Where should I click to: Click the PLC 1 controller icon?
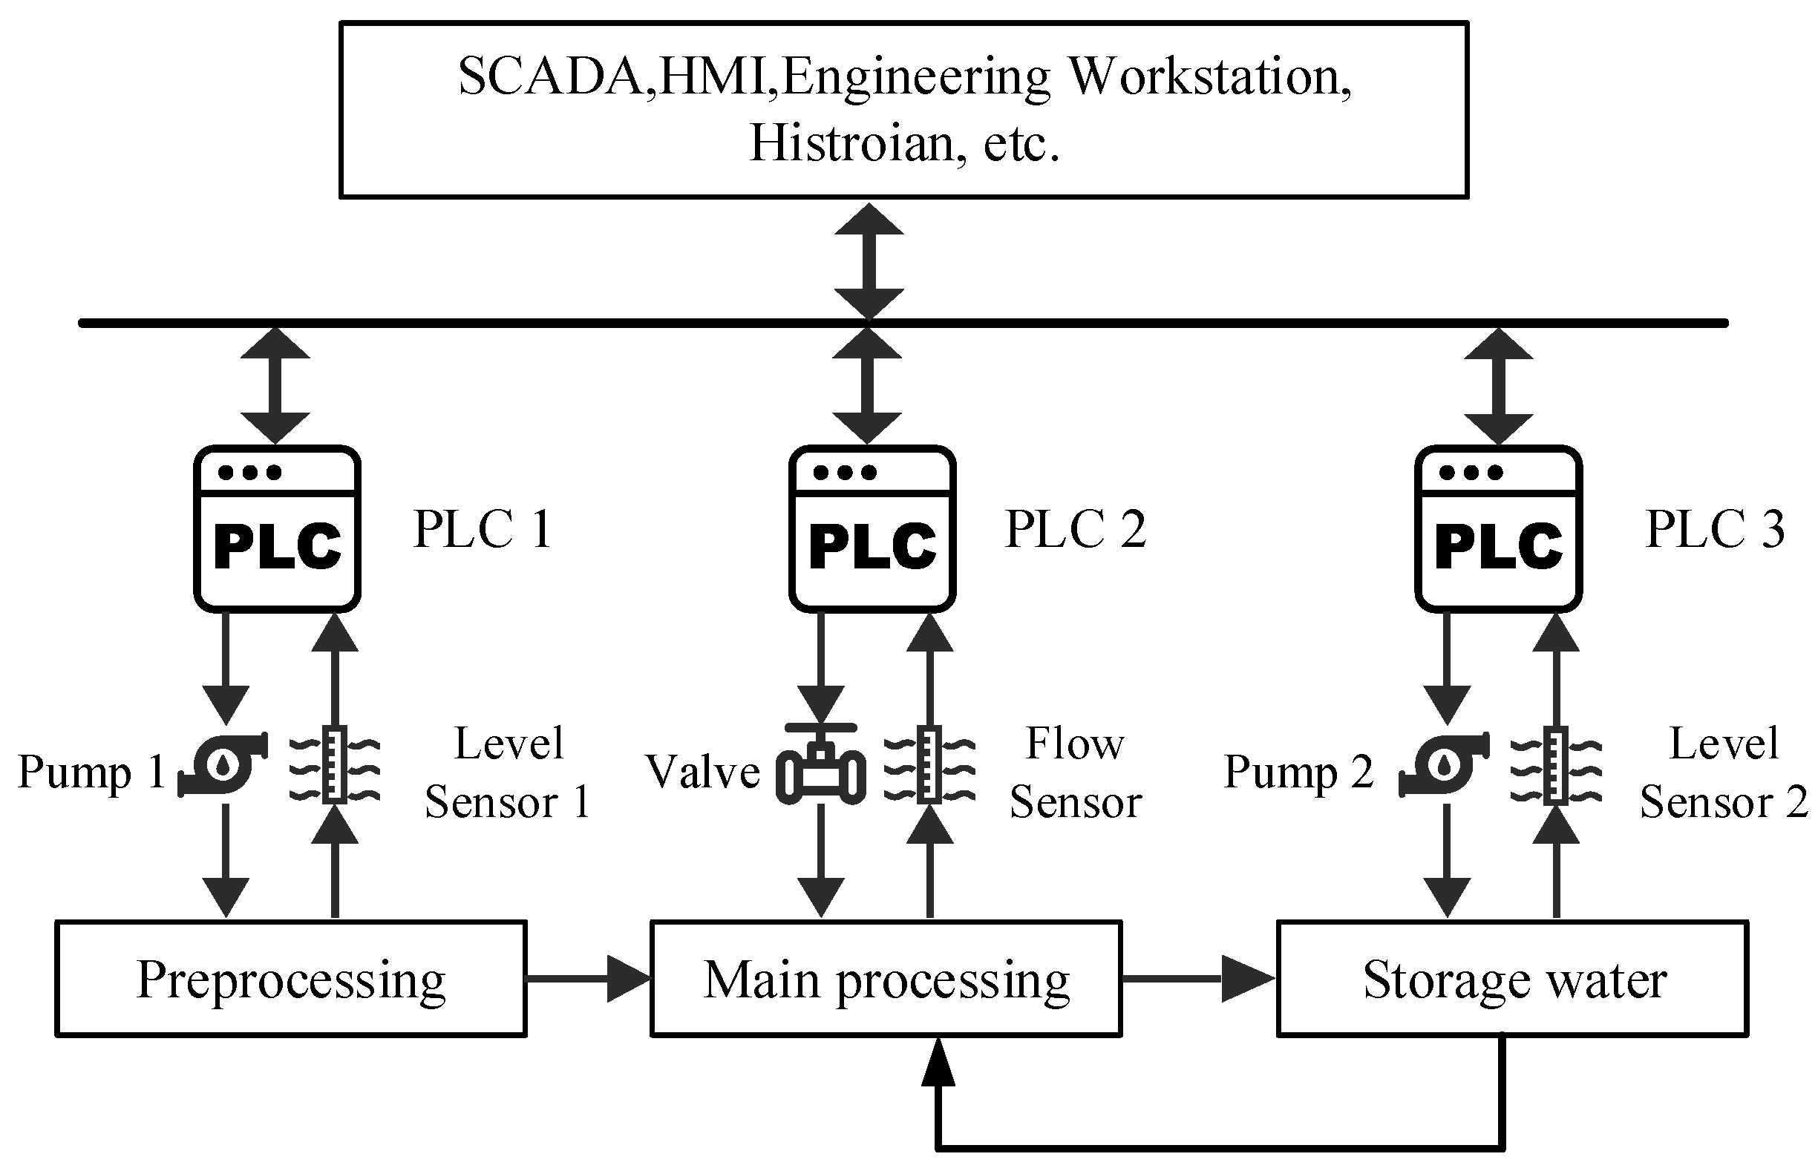click(x=277, y=528)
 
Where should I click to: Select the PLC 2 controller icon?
click(x=872, y=528)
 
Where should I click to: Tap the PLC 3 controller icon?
click(x=1499, y=528)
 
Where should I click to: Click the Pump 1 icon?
click(x=223, y=765)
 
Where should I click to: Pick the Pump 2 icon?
click(x=1444, y=765)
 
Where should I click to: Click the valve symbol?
click(x=821, y=763)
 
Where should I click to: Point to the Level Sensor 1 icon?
click(x=335, y=764)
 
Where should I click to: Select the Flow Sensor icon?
click(x=929, y=764)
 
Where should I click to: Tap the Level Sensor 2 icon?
click(x=1555, y=764)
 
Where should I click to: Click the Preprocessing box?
click(x=290, y=979)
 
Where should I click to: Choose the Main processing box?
click(x=886, y=979)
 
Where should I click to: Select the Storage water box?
click(x=1512, y=979)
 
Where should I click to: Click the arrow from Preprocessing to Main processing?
click(x=589, y=979)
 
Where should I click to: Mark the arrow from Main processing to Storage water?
click(x=1200, y=979)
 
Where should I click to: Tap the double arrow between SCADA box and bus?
click(x=869, y=260)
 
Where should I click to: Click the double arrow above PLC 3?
click(x=1499, y=387)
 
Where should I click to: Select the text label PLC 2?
click(x=1076, y=529)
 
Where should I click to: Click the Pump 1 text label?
click(x=91, y=773)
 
